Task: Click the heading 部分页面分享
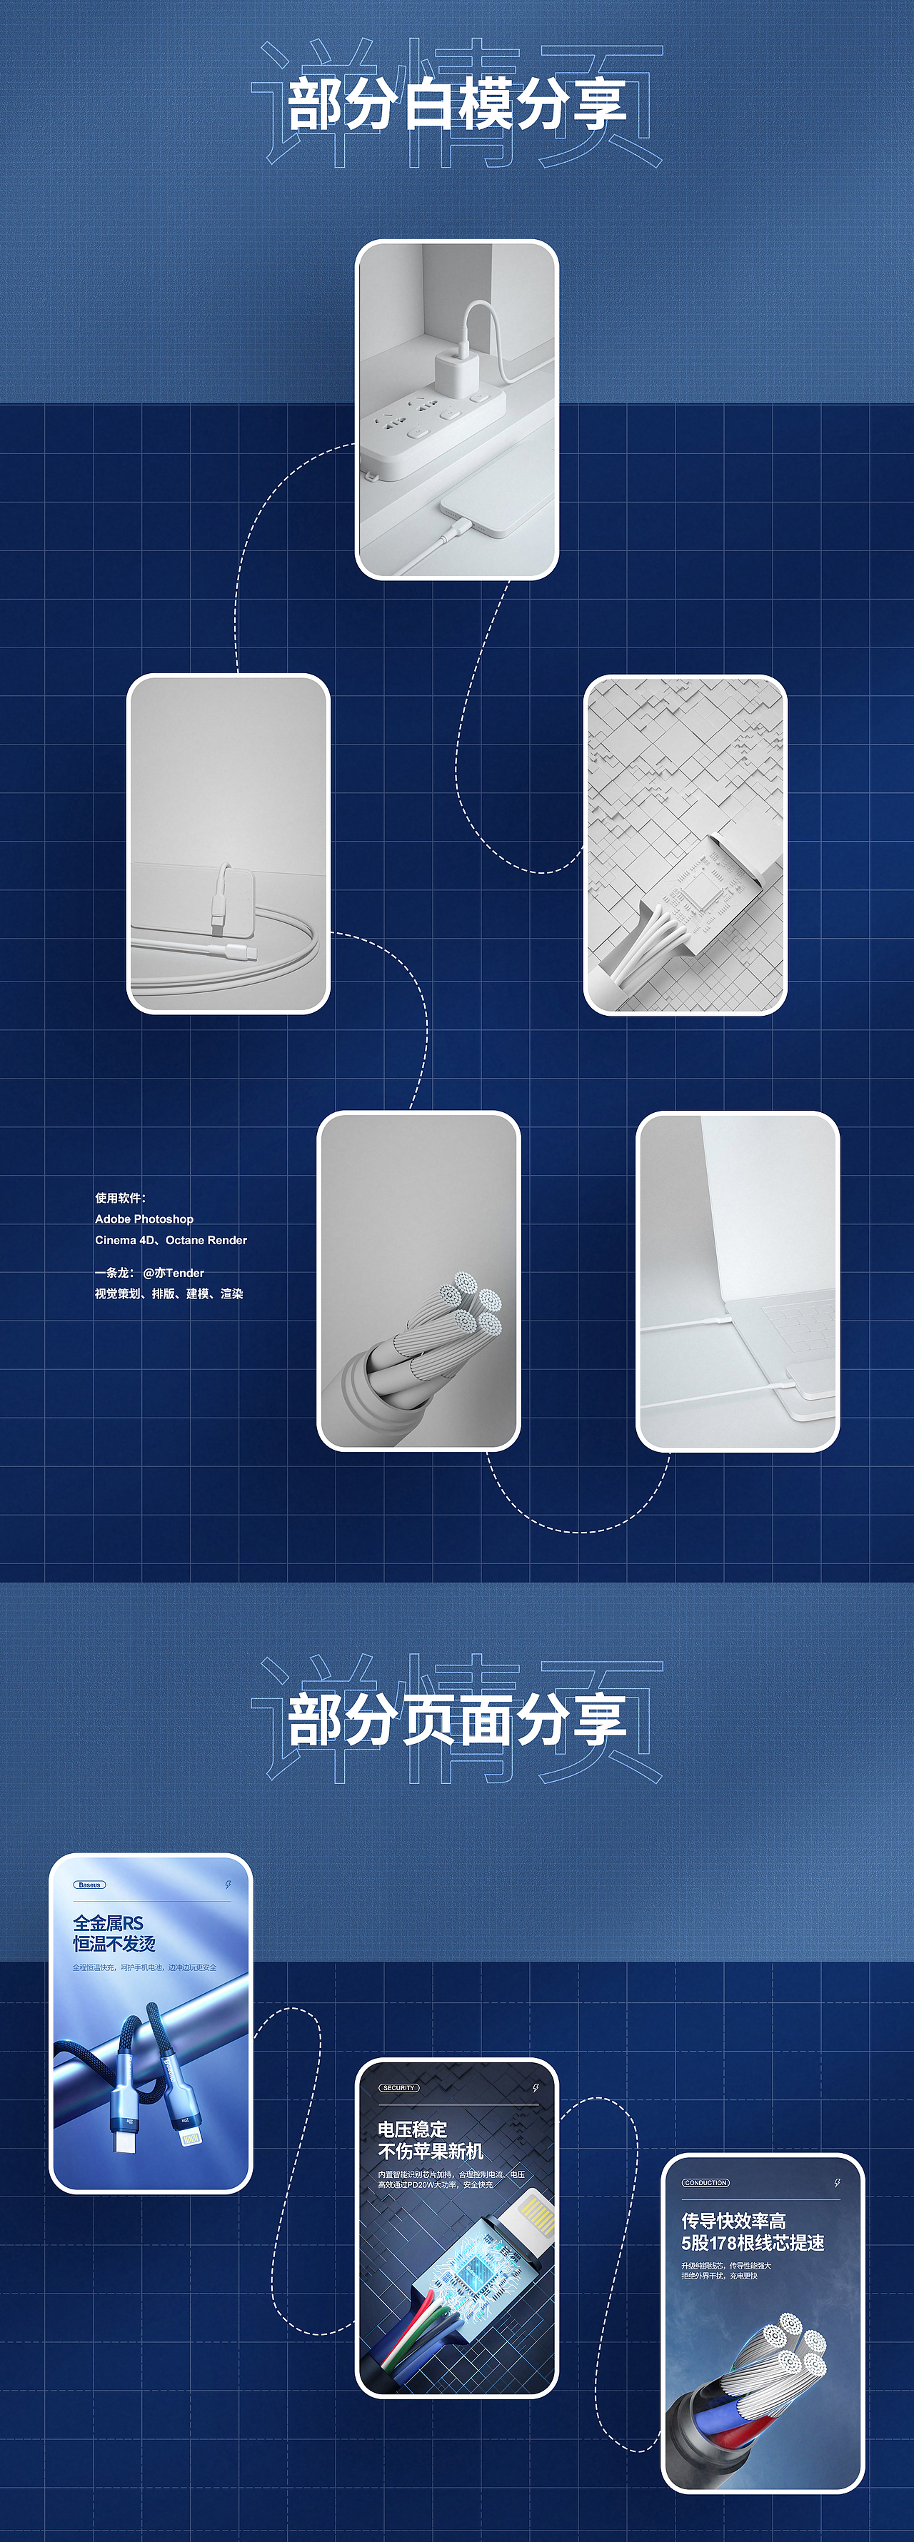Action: pos(456,1720)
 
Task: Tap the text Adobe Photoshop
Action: pos(144,1219)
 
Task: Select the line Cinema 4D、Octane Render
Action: pos(171,1239)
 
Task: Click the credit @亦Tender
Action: pos(174,1273)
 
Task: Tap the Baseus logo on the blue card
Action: pos(90,1885)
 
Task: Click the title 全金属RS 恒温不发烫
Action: pos(114,1933)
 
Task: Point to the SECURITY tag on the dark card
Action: pos(398,2087)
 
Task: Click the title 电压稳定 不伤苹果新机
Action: pos(429,2139)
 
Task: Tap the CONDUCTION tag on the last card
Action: pos(705,2183)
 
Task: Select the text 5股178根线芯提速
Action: pos(752,2242)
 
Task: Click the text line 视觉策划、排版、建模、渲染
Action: pos(169,1293)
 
